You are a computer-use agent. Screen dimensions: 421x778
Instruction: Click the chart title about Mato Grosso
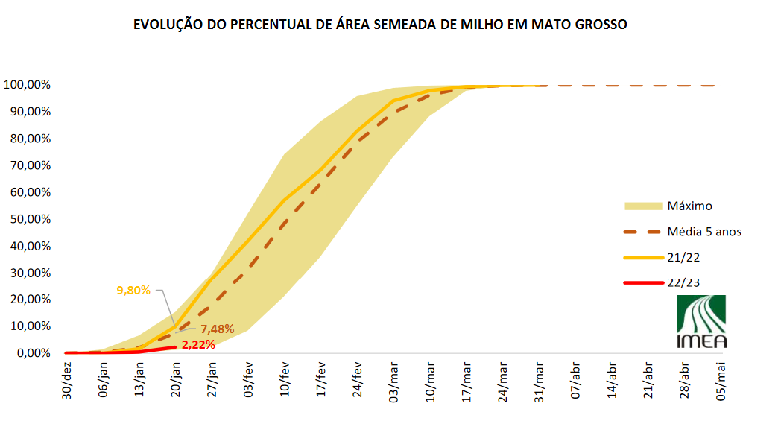pos(380,25)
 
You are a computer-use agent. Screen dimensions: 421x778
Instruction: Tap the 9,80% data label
pos(133,290)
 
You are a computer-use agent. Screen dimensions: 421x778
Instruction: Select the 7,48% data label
pos(218,329)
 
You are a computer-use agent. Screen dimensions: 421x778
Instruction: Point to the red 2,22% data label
pos(198,344)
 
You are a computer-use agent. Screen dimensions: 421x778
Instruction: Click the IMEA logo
pos(700,321)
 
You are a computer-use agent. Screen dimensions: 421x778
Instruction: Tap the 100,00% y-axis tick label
pos(27,85)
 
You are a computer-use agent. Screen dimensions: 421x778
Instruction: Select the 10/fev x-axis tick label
pos(284,380)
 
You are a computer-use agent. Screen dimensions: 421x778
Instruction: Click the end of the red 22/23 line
pos(175,347)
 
